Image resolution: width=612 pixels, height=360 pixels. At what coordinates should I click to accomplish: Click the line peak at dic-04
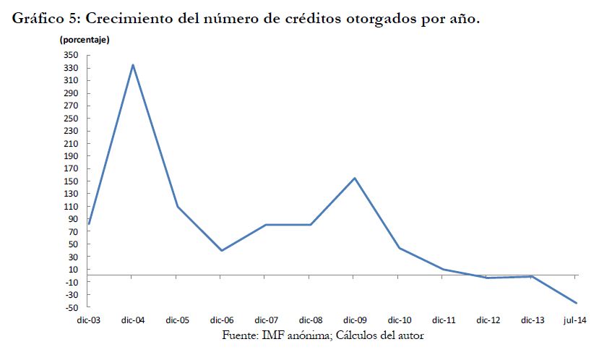click(133, 64)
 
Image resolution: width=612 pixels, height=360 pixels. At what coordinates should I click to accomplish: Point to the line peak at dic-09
click(354, 178)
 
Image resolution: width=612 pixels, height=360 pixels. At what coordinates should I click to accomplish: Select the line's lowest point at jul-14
click(575, 303)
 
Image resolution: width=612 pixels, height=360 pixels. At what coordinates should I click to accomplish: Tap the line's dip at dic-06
click(221, 250)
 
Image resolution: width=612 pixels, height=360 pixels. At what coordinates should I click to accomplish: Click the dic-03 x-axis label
click(90, 320)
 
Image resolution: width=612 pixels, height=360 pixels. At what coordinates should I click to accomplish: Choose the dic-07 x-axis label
click(266, 320)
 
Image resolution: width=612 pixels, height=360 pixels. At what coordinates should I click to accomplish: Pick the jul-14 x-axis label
click(575, 320)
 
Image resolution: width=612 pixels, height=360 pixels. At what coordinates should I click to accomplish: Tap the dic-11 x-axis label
click(443, 320)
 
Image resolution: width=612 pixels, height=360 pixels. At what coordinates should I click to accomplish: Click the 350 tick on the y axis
click(69, 56)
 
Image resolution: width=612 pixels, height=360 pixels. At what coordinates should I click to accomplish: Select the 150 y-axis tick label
click(69, 181)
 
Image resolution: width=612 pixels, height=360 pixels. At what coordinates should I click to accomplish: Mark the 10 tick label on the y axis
click(73, 270)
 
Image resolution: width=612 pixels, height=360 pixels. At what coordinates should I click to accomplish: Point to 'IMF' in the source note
click(287, 335)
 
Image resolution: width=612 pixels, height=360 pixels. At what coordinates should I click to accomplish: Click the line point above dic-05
click(177, 207)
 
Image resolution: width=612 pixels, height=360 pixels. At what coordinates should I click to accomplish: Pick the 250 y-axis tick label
click(69, 119)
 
